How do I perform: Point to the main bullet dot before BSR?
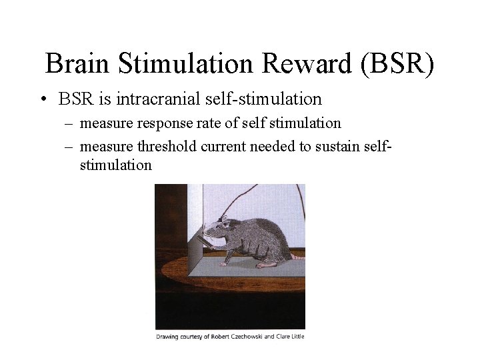pos(42,100)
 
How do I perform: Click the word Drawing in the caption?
pos(169,337)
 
